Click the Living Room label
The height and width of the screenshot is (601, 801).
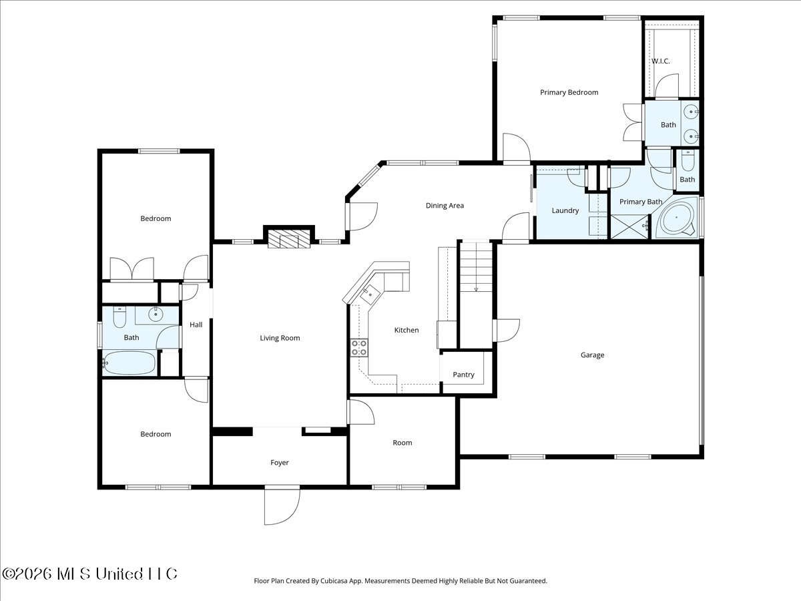280,338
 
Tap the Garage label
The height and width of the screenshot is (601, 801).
592,355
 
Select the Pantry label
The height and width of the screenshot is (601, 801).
463,375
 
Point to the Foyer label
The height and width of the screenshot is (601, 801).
280,462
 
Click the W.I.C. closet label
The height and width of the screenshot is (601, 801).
661,61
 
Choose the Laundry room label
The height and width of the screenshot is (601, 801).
565,210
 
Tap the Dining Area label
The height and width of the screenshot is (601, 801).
445,206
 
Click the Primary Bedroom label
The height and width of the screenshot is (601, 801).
569,92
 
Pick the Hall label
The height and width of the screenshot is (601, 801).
196,325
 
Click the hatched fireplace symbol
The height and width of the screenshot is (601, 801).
289,239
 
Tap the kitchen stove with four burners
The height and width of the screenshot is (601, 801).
359,348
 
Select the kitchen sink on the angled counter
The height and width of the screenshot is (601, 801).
370,294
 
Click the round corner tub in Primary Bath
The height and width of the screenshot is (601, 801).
677,218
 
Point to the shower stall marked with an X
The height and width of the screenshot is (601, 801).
629,227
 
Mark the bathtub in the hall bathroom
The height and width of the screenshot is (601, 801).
129,363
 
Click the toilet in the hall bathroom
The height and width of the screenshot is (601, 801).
119,317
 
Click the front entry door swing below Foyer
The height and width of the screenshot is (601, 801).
282,506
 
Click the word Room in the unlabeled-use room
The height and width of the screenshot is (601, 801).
402,443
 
